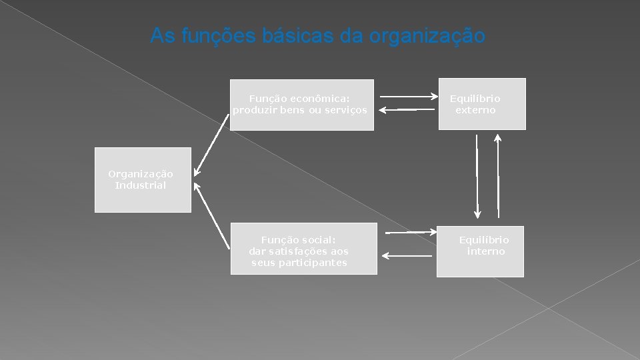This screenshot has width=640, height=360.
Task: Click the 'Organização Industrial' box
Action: click(143, 180)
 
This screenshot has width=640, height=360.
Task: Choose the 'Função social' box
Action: click(303, 248)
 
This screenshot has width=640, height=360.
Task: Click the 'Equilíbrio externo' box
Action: click(481, 104)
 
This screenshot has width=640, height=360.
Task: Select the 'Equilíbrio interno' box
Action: click(480, 251)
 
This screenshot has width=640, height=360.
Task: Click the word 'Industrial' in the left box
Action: click(140, 185)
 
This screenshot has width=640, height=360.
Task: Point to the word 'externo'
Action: click(475, 110)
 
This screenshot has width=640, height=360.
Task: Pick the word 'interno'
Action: click(486, 251)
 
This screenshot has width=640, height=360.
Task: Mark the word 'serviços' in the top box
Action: click(344, 110)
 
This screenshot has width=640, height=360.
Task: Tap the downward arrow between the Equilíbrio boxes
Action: click(477, 177)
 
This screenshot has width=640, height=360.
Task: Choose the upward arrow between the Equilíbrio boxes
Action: click(498, 177)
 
